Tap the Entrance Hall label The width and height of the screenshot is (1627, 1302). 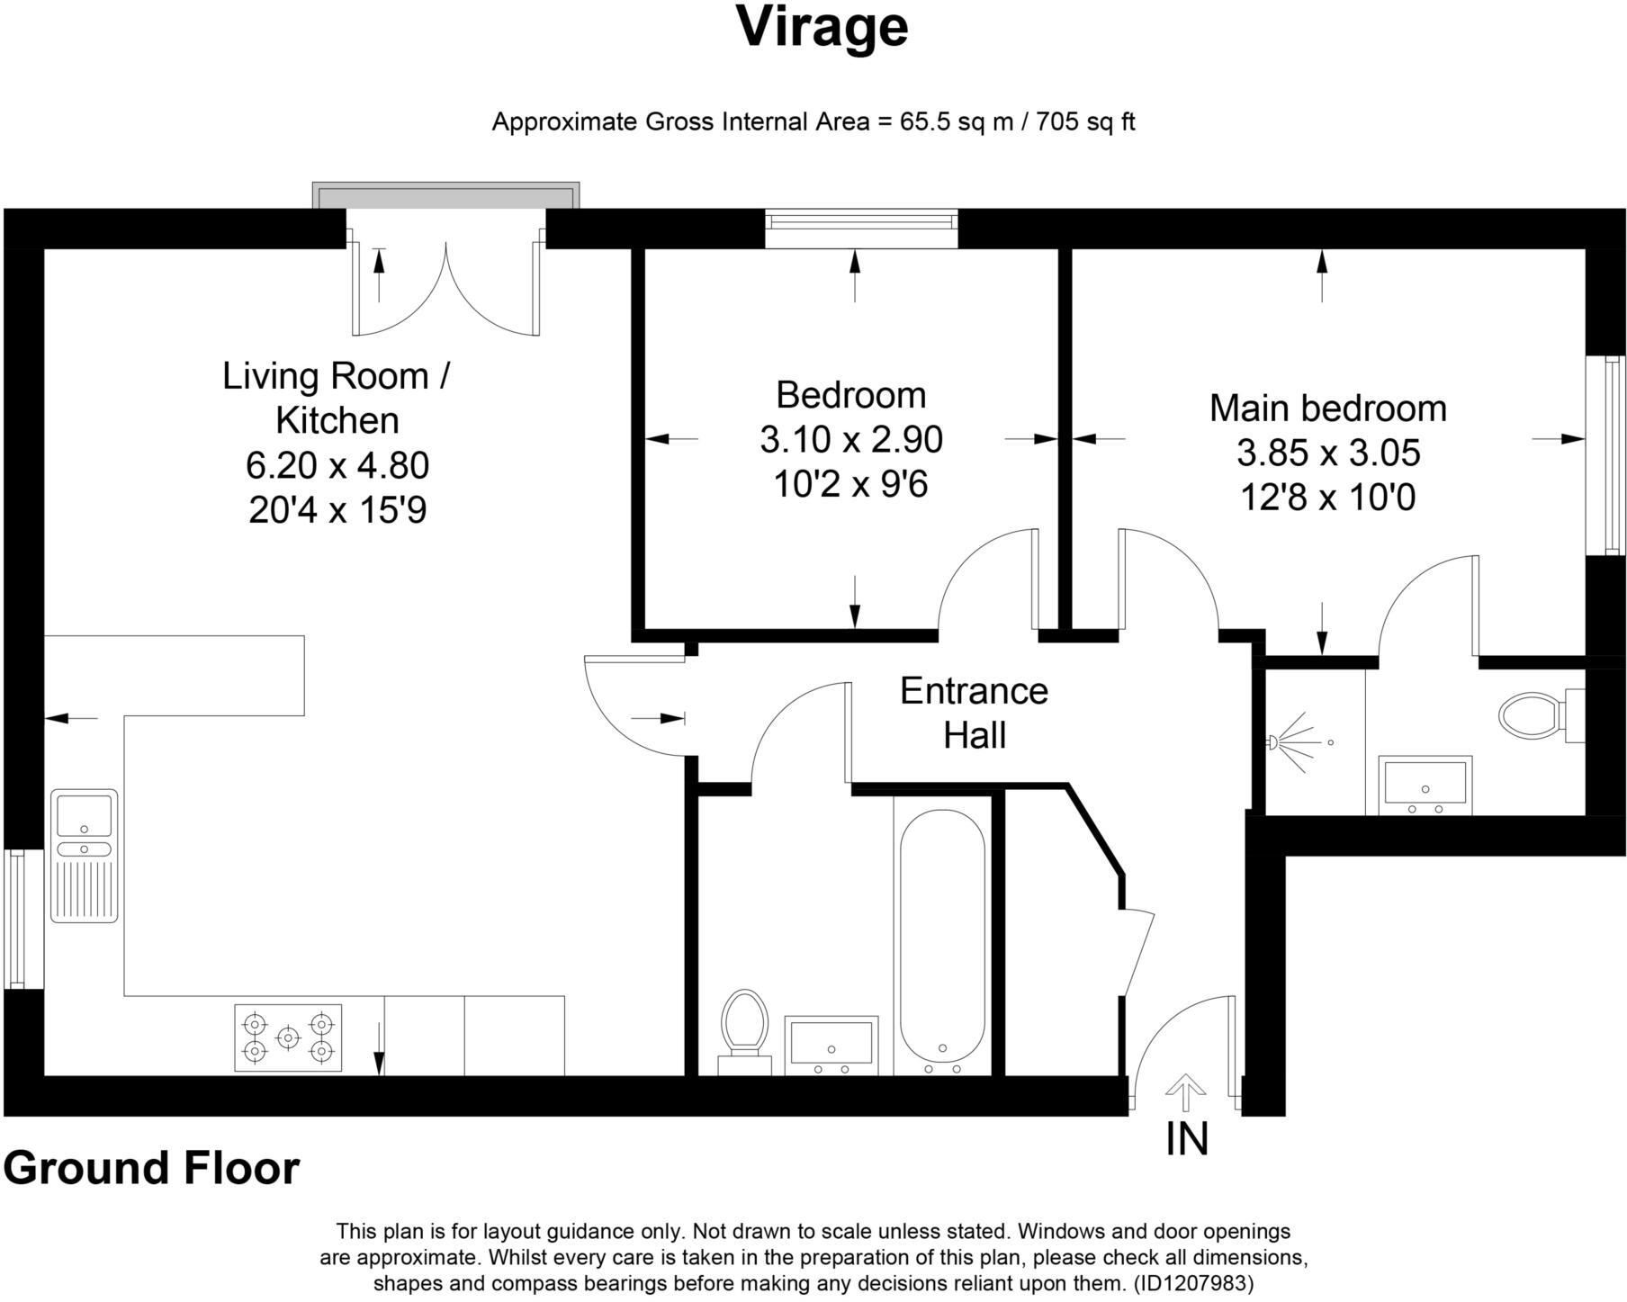(974, 713)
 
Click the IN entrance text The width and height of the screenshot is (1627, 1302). (1187, 1138)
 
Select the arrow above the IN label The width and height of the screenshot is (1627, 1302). (1186, 1093)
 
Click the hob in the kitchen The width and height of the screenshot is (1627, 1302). (288, 1037)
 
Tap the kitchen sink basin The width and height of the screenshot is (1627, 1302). (85, 815)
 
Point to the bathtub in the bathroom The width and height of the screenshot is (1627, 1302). (942, 936)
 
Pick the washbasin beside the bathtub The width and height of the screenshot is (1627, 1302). (831, 1046)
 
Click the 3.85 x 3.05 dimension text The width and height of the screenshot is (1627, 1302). (1328, 453)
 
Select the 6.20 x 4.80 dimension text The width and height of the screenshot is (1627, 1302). (337, 465)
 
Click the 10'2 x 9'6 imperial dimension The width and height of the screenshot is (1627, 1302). (850, 485)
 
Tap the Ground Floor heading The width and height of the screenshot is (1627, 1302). (151, 1168)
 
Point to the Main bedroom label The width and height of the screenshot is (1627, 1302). (1327, 409)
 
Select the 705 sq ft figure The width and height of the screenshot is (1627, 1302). (1085, 121)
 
